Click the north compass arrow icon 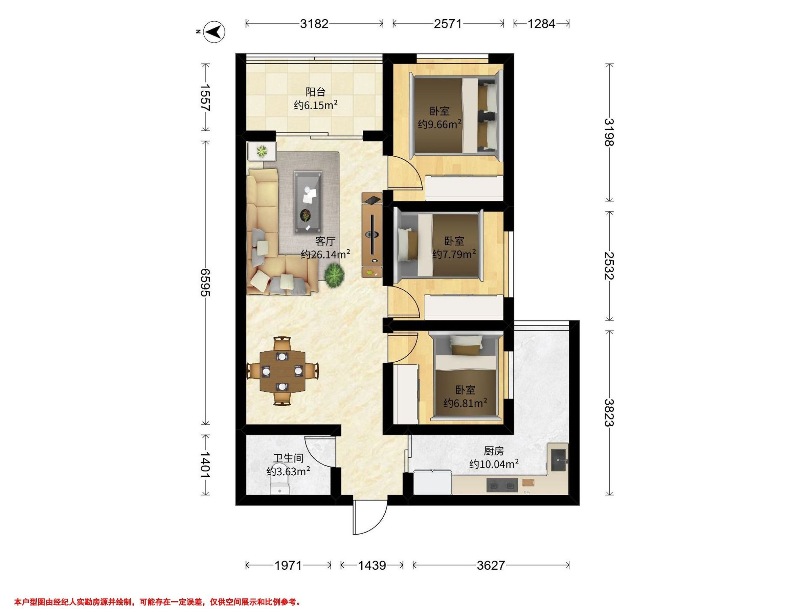pyautogui.click(x=215, y=32)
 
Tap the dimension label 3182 pyautogui.click(x=314, y=24)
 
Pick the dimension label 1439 pyautogui.click(x=372, y=565)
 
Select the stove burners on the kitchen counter pyautogui.click(x=502, y=485)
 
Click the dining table pyautogui.click(x=282, y=371)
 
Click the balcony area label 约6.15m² pyautogui.click(x=316, y=106)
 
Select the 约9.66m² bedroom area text pyautogui.click(x=439, y=125)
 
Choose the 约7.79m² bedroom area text pyautogui.click(x=454, y=254)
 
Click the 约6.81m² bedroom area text pyautogui.click(x=465, y=403)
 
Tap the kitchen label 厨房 pyautogui.click(x=493, y=451)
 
